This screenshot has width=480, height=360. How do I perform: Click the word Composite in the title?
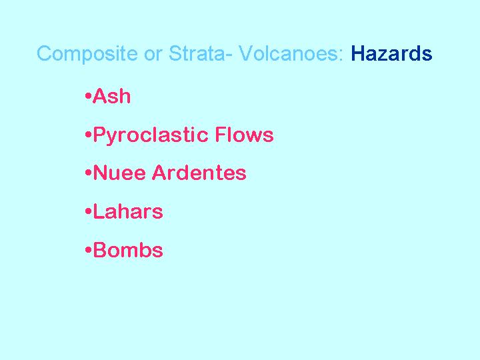tap(87, 54)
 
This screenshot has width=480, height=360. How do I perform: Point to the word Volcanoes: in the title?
tap(291, 53)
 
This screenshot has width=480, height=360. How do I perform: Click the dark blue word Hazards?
tap(391, 53)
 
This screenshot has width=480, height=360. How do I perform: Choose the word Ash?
tap(111, 96)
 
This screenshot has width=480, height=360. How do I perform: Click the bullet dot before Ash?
tap(89, 96)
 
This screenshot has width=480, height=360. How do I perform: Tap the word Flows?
tap(244, 135)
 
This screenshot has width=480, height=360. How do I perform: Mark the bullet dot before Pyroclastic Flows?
tap(89, 135)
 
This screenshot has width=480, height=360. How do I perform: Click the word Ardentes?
tap(199, 173)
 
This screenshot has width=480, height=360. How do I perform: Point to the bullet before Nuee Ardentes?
tap(89, 173)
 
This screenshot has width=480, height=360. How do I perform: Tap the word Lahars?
tap(127, 211)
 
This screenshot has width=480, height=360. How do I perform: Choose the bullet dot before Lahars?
tap(89, 211)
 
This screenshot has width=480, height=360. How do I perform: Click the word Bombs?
tap(127, 250)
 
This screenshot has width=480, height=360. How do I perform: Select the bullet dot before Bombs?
tap(89, 250)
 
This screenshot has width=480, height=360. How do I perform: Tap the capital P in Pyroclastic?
tap(99, 135)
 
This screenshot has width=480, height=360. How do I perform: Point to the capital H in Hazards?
tap(357, 53)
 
